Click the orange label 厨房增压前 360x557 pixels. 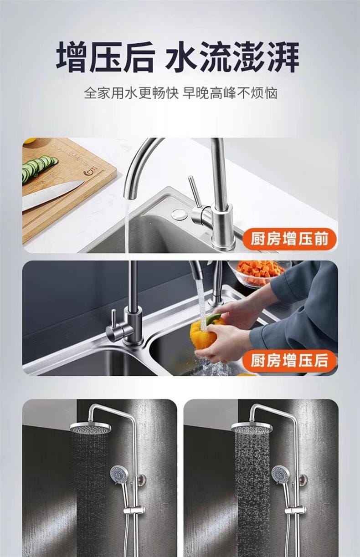(x=289, y=239)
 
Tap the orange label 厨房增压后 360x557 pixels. (x=289, y=361)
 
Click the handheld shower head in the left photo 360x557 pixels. (x=119, y=474)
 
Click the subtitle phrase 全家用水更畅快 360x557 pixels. (x=131, y=93)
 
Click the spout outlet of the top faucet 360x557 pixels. (x=129, y=196)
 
